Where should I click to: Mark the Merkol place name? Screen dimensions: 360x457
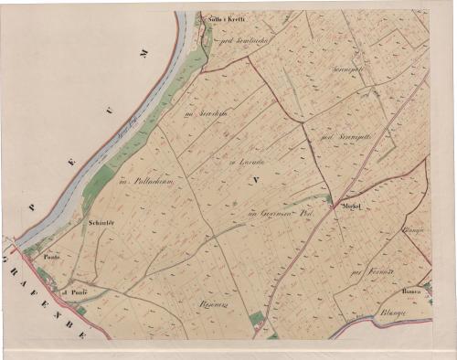353,207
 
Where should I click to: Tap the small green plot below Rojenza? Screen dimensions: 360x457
257,319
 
